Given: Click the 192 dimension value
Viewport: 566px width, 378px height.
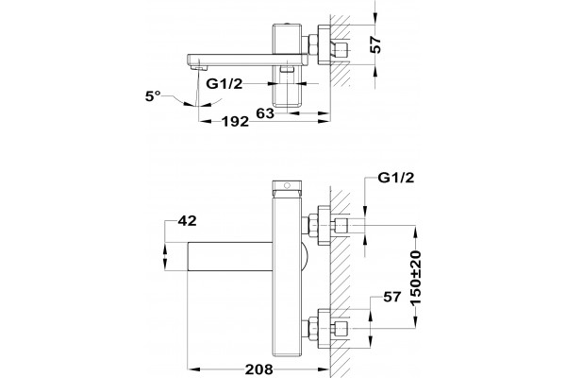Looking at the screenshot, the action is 235,122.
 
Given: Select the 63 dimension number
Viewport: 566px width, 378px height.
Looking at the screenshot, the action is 265,113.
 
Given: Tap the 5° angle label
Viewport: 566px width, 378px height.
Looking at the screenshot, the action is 152,96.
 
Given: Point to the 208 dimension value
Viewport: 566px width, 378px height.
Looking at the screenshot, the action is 258,369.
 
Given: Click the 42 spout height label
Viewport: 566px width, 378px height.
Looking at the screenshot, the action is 188,220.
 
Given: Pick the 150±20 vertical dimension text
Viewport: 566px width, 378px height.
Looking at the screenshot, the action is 416,277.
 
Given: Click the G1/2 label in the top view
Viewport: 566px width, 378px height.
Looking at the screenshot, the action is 225,83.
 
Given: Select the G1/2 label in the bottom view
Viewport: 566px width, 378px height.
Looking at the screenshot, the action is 396,178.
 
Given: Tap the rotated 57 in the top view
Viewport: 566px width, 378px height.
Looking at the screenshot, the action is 375,44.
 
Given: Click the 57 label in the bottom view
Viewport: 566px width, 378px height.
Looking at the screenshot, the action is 392,297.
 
